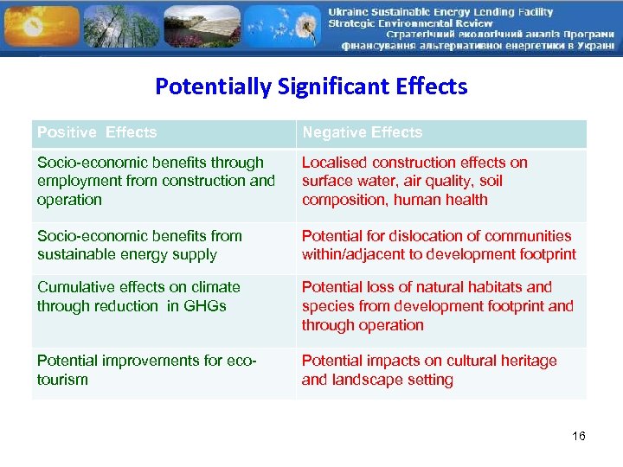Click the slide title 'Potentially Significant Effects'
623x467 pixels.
(x=311, y=86)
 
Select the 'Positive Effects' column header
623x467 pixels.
(x=97, y=132)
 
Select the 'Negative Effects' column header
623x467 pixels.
(x=362, y=132)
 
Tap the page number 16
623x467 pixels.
(x=578, y=436)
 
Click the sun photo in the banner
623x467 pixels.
(x=39, y=26)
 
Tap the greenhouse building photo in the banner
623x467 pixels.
(x=201, y=26)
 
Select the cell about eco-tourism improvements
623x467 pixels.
(x=164, y=370)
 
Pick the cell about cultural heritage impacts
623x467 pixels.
(x=440, y=370)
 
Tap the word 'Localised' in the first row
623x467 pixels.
(x=333, y=163)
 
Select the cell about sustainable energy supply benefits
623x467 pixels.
(x=164, y=246)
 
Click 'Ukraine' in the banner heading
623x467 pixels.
(x=350, y=11)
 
